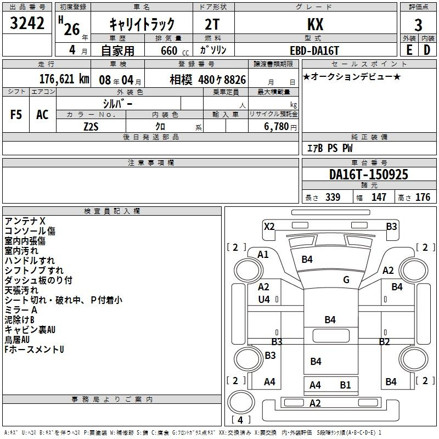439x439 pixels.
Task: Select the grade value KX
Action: [x=315, y=25]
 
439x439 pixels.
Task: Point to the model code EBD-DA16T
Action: [x=314, y=50]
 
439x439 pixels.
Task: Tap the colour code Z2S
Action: [x=91, y=126]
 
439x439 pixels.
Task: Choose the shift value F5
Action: [x=16, y=115]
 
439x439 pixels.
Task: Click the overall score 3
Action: [x=418, y=25]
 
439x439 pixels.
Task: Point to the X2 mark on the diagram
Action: [x=269, y=226]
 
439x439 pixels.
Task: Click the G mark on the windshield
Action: [x=346, y=280]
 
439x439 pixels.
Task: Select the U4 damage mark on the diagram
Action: [x=264, y=300]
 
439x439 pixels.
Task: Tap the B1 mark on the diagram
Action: [x=345, y=385]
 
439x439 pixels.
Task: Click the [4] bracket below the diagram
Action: [x=240, y=420]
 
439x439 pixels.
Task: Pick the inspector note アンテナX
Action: [x=25, y=221]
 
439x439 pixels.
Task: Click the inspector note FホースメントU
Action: [x=34, y=349]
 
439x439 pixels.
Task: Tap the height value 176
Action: [x=423, y=198]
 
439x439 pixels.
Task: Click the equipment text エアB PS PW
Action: [x=329, y=148]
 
